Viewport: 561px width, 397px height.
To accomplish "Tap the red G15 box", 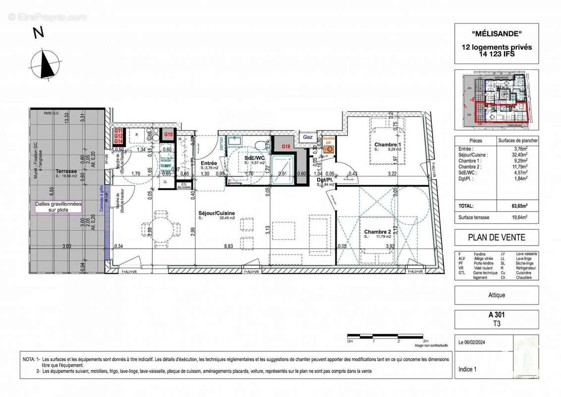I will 168,134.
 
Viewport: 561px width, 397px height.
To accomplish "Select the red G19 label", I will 286,146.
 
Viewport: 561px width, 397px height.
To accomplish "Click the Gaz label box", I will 308,137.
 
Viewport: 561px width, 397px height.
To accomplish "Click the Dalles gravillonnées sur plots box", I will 58,206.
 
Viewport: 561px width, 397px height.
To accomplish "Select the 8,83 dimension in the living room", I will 228,246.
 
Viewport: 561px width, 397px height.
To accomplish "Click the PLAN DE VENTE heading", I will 497,237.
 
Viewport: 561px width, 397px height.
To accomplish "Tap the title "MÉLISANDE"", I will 497,35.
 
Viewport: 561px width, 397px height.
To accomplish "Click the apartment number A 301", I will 497,314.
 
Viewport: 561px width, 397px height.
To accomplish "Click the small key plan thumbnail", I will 497,100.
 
